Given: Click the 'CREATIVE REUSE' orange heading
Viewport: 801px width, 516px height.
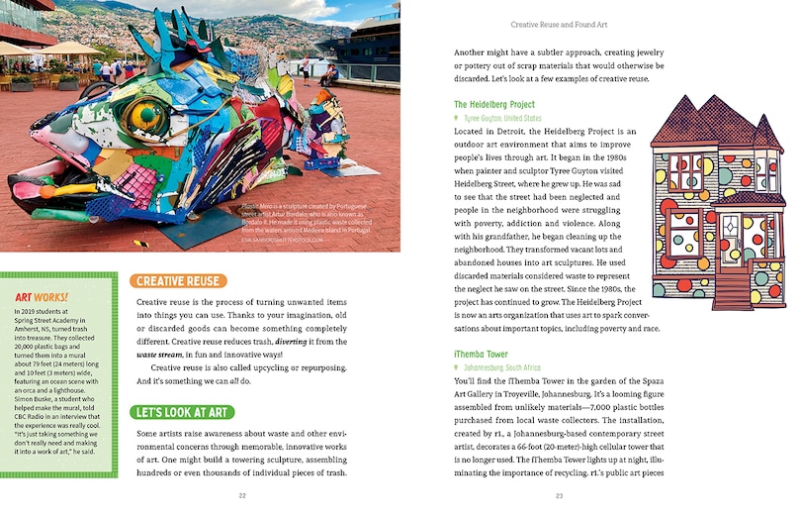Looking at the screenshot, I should click(x=178, y=281).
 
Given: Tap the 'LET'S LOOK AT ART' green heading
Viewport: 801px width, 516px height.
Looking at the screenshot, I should click(x=182, y=412).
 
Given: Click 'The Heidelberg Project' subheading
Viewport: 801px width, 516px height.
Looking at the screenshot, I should click(x=493, y=104).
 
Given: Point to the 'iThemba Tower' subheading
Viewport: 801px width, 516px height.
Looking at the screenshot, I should click(x=481, y=354).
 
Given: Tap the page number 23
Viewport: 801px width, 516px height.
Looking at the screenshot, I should click(x=559, y=495).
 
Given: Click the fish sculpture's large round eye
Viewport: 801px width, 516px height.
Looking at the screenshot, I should click(x=145, y=117).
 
